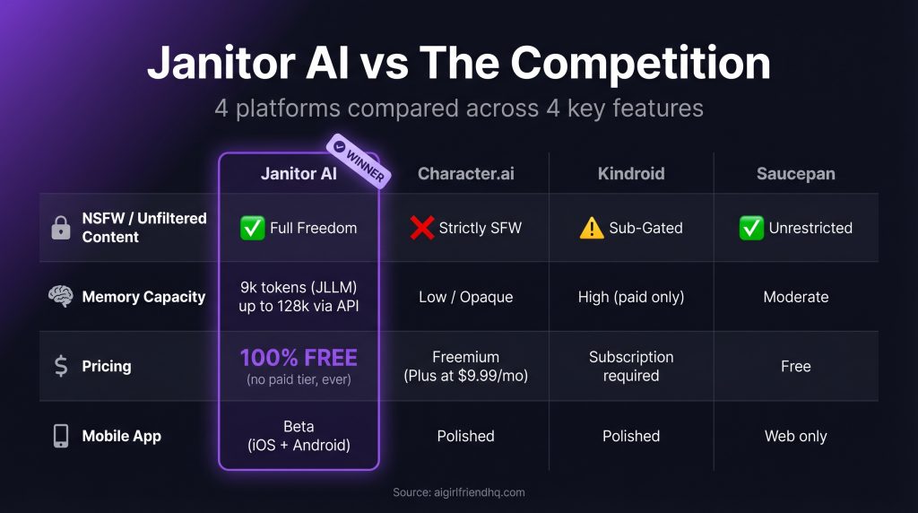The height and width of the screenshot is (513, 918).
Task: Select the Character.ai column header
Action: (465, 174)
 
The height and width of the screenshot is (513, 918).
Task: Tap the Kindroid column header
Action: (631, 174)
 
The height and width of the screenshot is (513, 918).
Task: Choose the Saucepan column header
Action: (795, 174)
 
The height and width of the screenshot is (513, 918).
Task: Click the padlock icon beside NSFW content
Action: (61, 228)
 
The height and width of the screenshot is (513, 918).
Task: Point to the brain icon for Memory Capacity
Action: (60, 297)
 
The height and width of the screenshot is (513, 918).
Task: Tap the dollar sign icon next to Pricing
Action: (61, 366)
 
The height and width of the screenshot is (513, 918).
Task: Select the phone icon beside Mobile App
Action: (61, 436)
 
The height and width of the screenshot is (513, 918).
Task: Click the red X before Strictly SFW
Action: (422, 228)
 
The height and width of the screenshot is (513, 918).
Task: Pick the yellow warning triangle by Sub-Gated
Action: (592, 228)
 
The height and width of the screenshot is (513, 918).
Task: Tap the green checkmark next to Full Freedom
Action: (253, 228)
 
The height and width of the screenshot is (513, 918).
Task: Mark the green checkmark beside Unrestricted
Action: (751, 228)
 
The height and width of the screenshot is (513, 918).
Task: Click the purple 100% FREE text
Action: (299, 358)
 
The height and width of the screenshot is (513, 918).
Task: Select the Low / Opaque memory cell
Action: (465, 297)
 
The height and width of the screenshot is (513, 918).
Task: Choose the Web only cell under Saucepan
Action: (795, 436)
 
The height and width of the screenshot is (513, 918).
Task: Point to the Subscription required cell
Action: (631, 366)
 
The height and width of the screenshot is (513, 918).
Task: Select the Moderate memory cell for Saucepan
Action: (795, 297)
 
